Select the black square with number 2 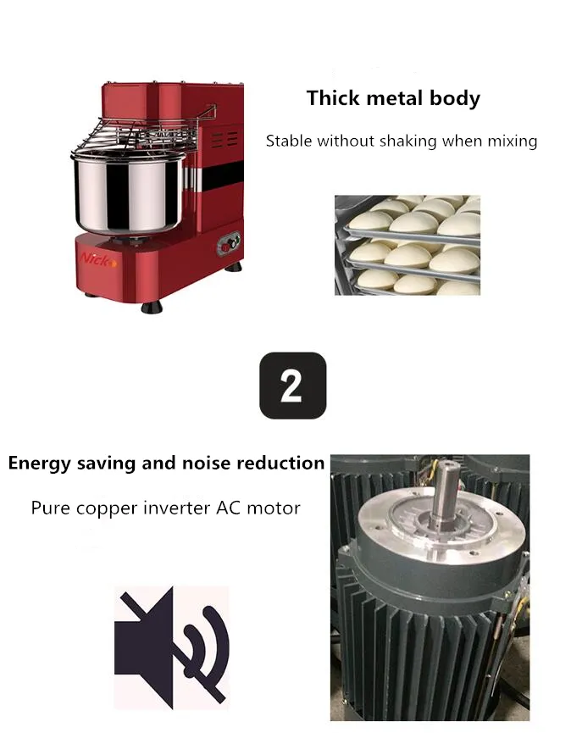[292, 386]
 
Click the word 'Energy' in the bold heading [39, 464]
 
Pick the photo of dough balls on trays [407, 245]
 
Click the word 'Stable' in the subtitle [289, 141]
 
